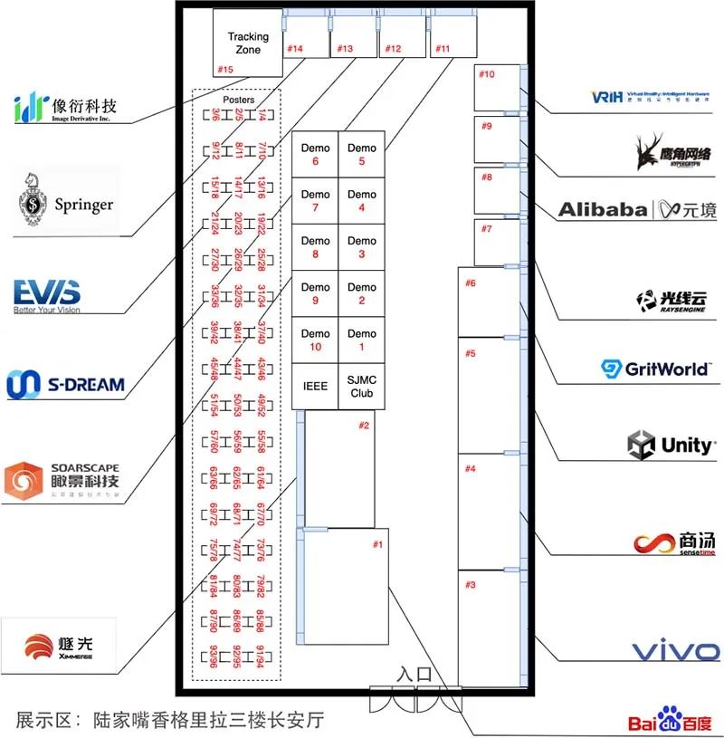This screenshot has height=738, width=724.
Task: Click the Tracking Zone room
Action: click(248, 43)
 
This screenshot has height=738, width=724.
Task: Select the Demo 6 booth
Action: click(315, 154)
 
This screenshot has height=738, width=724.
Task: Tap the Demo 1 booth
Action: click(361, 340)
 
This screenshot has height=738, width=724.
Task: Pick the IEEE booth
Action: click(315, 387)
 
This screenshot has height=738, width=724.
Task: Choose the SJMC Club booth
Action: click(361, 387)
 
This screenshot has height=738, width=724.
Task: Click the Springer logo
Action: click(69, 205)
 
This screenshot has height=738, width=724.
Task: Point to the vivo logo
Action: click(675, 650)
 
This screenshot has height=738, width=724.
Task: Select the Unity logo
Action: click(671, 445)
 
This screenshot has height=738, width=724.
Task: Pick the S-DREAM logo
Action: click(65, 383)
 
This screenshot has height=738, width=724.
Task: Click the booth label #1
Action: click(378, 544)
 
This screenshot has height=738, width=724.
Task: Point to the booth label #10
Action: click(487, 74)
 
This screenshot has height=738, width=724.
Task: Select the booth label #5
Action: click(471, 353)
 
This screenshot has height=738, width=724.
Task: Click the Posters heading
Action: click(238, 100)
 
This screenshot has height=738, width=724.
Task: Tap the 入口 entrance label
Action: click(415, 675)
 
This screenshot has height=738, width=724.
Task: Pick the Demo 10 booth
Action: click(315, 340)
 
